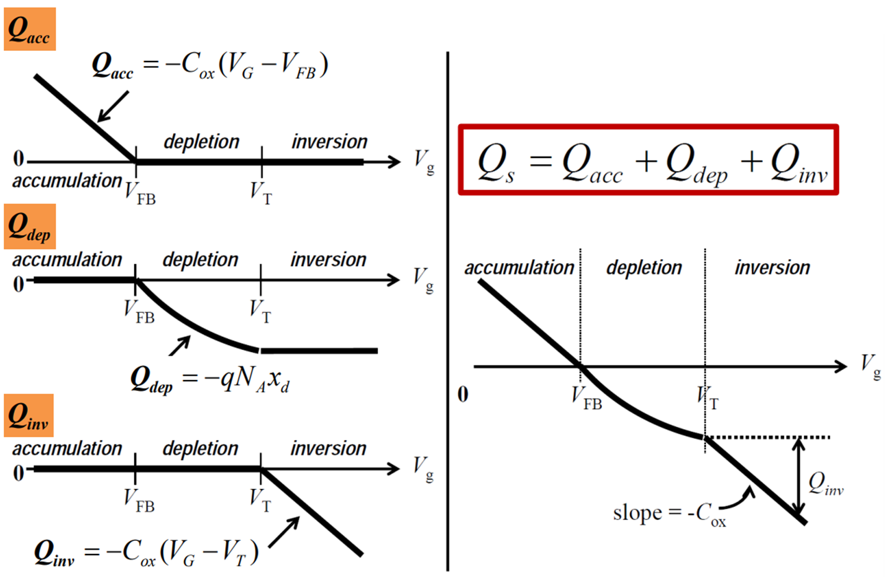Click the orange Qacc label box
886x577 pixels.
point(30,29)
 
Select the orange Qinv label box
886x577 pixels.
point(29,415)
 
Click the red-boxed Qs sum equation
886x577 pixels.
point(648,160)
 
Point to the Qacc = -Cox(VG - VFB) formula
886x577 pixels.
point(210,65)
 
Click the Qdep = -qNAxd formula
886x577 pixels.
point(210,379)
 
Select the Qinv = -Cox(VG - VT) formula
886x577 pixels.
point(147,552)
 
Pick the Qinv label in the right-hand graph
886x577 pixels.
point(826,483)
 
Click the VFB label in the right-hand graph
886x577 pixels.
point(587,398)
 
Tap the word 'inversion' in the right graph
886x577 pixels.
point(772,268)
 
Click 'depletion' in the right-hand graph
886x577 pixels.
point(644,268)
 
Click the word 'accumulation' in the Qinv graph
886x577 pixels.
point(67,448)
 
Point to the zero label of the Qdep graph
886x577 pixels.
point(19,284)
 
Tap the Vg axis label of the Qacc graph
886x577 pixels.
point(424,161)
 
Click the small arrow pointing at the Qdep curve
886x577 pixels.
point(180,345)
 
